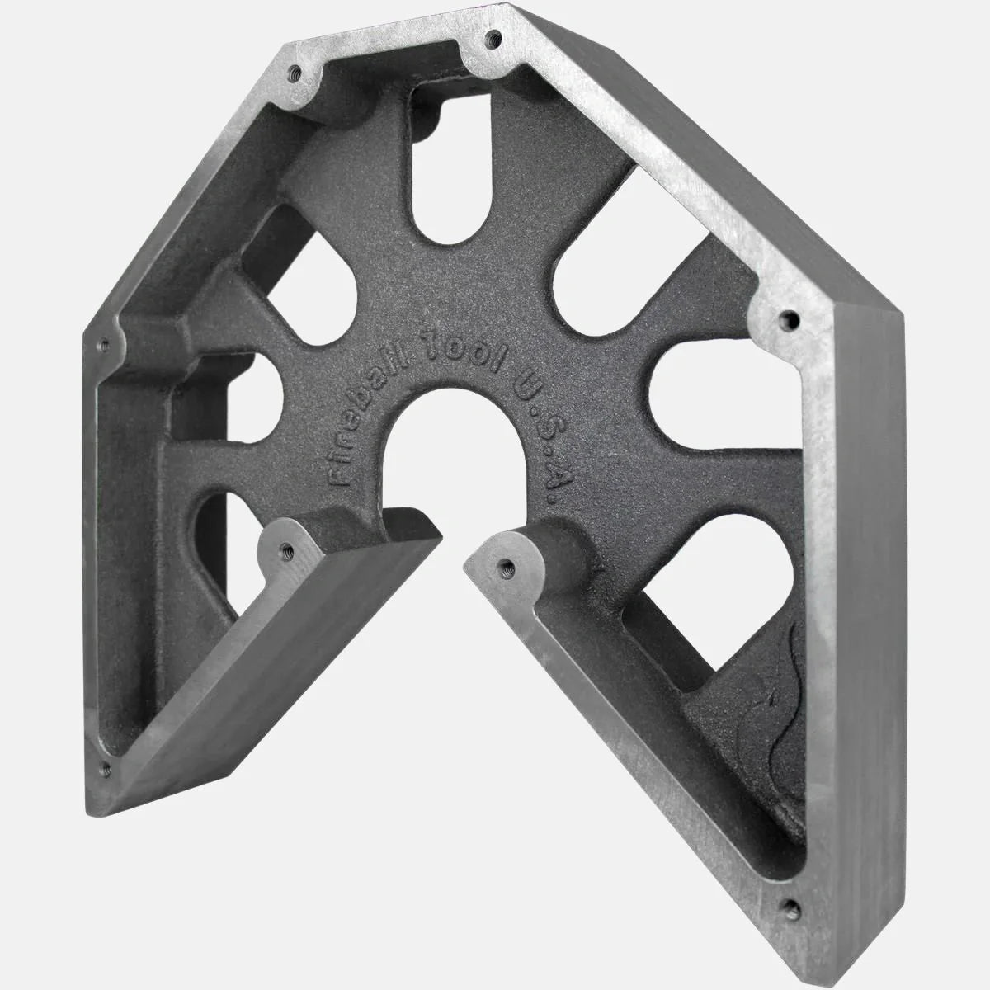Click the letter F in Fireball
click(337, 474)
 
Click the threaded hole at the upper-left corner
click(295, 72)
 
